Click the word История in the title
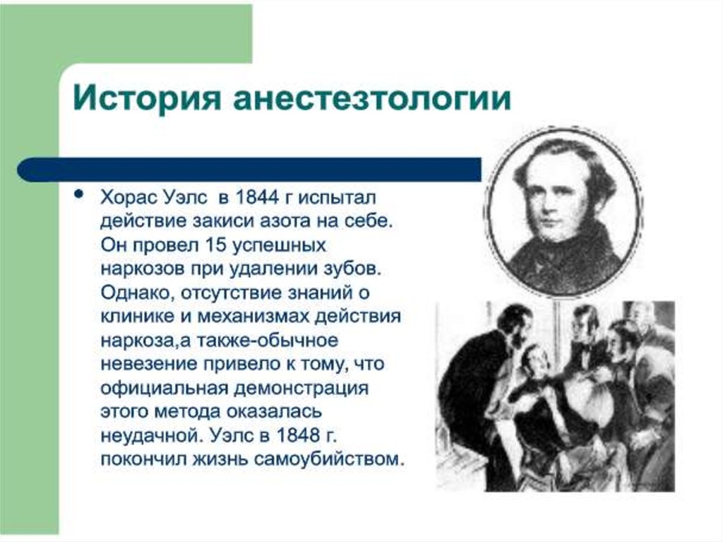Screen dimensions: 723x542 click(147, 98)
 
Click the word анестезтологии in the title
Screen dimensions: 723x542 click(371, 98)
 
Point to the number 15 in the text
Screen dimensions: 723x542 click(215, 245)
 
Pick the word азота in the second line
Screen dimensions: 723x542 click(284, 221)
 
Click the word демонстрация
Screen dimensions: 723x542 click(301, 388)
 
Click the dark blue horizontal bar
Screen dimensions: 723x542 click(249, 170)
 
